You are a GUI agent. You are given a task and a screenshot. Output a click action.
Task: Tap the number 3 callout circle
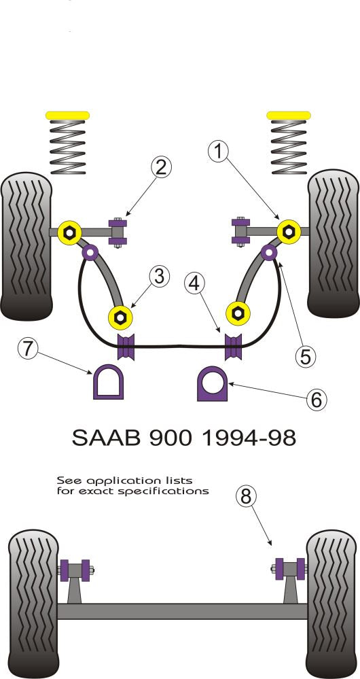158,277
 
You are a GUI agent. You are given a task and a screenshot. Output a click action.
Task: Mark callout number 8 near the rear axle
247,495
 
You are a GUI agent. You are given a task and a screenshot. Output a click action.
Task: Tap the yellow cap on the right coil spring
289,114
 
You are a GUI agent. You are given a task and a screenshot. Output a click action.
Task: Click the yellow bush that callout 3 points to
121,316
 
